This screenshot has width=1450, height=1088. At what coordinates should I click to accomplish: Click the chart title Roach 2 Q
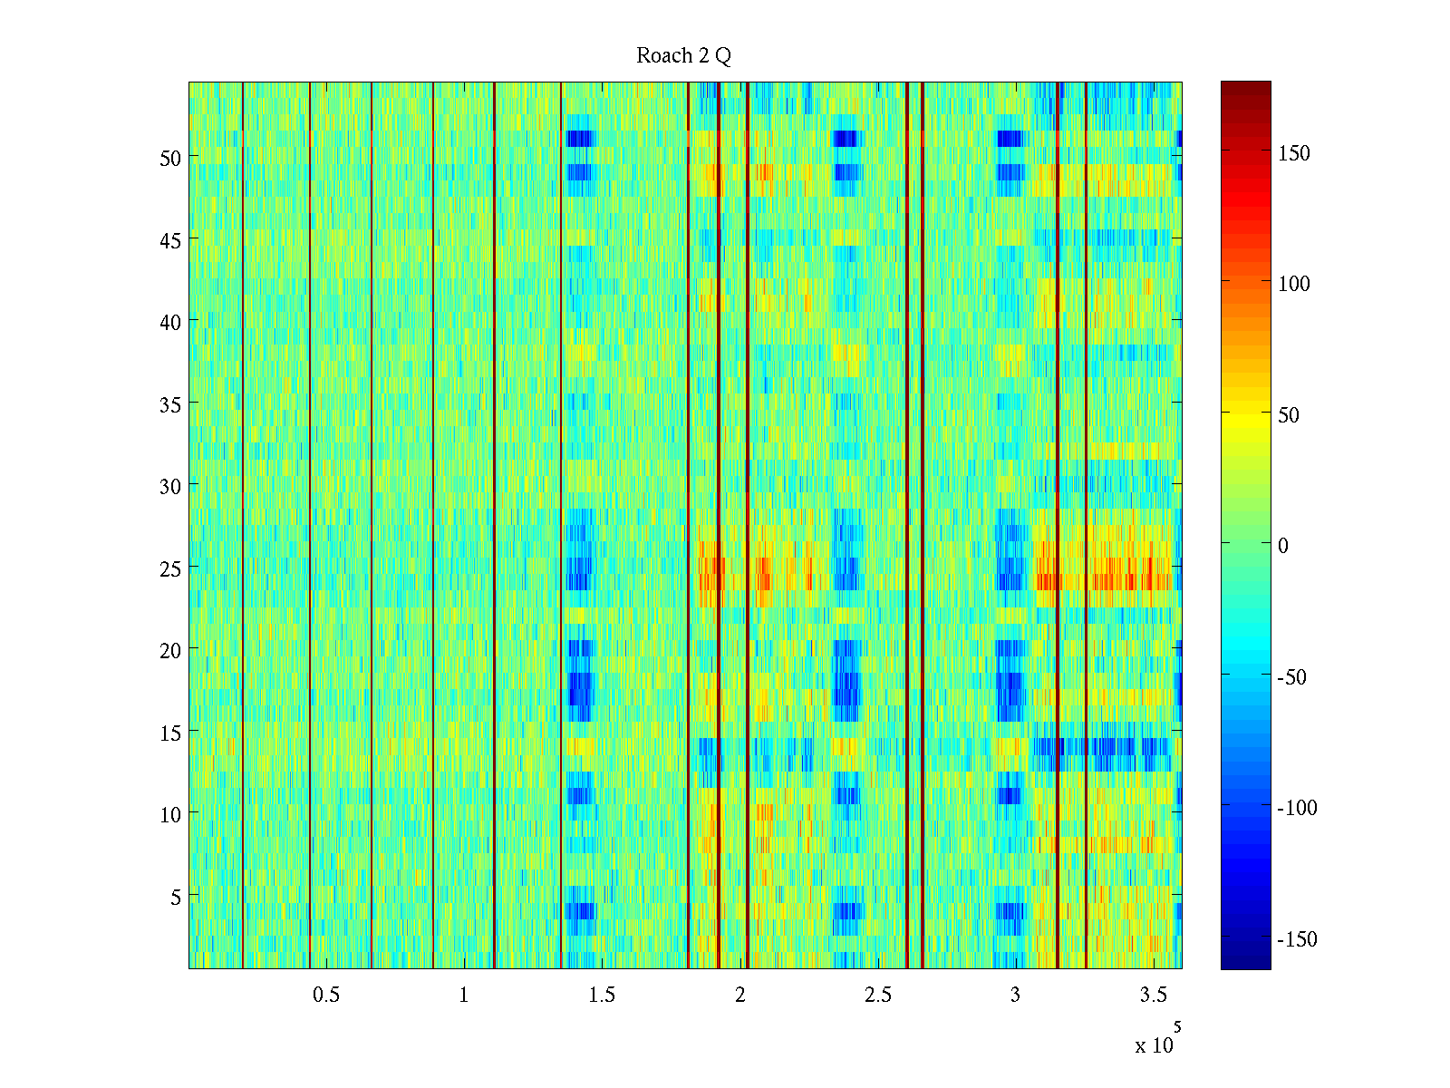coord(683,56)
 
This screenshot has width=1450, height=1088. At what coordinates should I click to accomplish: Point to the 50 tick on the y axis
coord(170,158)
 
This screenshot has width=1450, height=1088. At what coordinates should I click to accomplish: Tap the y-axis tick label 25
coord(170,568)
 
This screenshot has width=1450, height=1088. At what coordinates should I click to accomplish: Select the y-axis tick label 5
coord(176,897)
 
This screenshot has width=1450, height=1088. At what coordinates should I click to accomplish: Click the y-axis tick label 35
coord(170,404)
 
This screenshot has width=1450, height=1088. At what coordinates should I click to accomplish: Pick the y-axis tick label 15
coord(170,733)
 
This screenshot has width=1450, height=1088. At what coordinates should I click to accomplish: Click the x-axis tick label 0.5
coord(326,996)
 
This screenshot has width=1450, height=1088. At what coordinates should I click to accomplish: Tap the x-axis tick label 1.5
coord(602,996)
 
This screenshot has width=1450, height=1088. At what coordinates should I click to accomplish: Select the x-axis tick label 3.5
coord(1153,996)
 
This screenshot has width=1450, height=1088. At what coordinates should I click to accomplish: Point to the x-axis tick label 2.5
coord(877,996)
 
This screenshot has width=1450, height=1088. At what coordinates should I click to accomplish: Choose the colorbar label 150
coord(1294,153)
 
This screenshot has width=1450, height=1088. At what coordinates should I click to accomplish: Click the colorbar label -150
coord(1297,939)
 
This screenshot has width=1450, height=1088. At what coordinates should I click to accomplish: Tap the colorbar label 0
coord(1282,546)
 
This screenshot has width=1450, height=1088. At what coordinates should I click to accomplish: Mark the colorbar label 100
coord(1294,284)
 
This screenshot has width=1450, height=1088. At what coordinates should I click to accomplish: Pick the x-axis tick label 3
coord(1015,996)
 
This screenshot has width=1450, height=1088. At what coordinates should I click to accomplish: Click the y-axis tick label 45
coord(170,240)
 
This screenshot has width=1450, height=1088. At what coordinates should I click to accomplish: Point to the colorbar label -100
coord(1297,808)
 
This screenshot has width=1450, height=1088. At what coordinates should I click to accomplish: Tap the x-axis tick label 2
coord(740,996)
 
